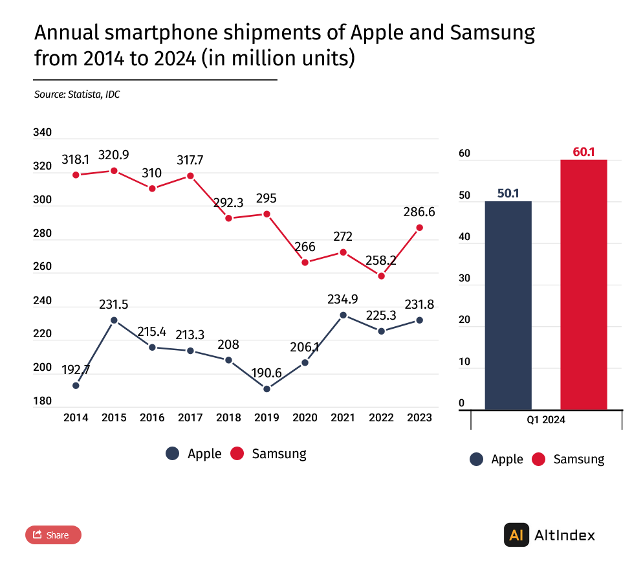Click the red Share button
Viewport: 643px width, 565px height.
point(53,535)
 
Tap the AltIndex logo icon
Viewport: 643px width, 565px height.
point(516,535)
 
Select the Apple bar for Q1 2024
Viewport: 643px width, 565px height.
point(508,305)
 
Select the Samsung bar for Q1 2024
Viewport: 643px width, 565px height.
point(583,284)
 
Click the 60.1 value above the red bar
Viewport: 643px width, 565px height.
point(583,152)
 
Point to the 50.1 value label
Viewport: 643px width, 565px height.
point(508,193)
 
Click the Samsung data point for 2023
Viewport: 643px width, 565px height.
point(419,228)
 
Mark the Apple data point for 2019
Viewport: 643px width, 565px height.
point(267,389)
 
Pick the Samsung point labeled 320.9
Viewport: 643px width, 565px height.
point(114,171)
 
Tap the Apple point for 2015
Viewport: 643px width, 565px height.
point(114,320)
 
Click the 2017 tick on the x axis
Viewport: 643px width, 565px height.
point(190,418)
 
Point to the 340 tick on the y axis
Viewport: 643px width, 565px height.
point(42,133)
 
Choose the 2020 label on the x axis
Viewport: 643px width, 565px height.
point(305,418)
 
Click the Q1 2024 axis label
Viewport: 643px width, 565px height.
point(545,420)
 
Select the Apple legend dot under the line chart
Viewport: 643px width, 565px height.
point(172,454)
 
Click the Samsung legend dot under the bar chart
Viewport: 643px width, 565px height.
point(539,460)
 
